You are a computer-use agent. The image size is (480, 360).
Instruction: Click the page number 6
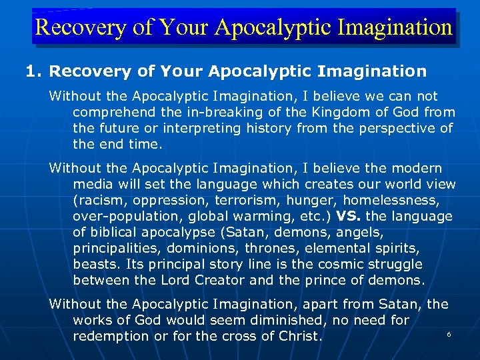(x=449, y=333)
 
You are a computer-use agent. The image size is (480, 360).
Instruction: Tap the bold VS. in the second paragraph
(x=351, y=216)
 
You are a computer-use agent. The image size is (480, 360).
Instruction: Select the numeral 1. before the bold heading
(x=34, y=70)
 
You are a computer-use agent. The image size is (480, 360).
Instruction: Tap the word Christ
(x=299, y=336)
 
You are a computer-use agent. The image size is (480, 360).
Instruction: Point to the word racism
(x=98, y=200)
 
